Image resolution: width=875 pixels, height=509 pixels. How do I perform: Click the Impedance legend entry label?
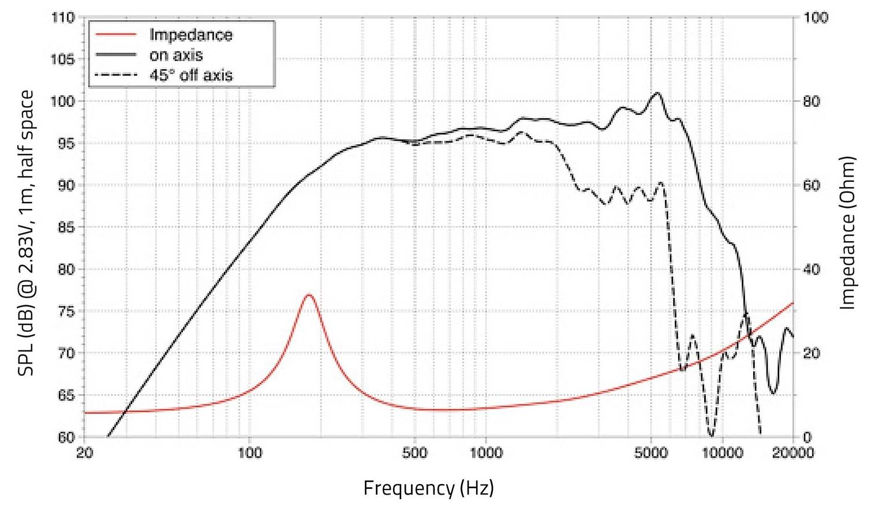190,35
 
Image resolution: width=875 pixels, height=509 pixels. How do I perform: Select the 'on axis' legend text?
176,55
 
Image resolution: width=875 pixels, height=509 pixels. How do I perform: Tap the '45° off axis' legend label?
191,76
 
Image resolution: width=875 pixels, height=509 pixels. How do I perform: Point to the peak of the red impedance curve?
309,295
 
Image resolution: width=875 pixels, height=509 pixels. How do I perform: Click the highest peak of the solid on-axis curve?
657,93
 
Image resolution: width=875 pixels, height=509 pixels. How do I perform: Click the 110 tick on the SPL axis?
63,18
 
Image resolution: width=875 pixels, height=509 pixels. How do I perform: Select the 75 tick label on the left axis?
66,312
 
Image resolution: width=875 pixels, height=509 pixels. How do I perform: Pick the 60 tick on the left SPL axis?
66,437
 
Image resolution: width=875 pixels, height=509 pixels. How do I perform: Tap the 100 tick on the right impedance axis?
816,18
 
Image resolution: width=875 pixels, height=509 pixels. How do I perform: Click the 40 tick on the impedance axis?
812,270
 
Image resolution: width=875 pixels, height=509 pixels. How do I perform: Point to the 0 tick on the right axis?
807,437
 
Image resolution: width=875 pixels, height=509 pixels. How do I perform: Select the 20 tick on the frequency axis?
85,452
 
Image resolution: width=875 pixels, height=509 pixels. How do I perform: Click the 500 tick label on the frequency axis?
414,452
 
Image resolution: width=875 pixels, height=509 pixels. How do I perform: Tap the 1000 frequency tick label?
485,452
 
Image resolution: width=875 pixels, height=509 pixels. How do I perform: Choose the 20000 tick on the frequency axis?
792,452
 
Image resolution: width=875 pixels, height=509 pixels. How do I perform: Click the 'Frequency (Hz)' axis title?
428,489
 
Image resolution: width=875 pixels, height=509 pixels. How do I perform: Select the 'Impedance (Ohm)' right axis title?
847,233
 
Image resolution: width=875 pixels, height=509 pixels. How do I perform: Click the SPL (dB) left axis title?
26,233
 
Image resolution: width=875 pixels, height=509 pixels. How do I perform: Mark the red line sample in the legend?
116,35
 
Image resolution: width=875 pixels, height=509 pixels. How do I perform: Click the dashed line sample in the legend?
116,76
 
